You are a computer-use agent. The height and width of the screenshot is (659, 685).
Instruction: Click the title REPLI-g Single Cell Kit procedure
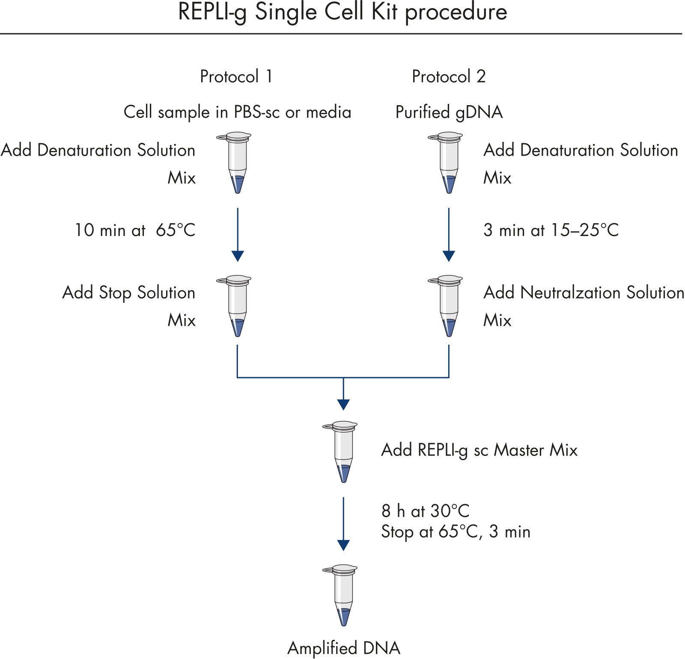[x=342, y=12]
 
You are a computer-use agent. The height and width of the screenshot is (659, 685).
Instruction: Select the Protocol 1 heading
[x=236, y=77]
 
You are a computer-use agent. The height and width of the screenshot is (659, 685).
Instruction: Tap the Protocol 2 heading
[x=448, y=77]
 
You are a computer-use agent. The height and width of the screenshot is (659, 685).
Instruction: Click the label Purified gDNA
[x=449, y=112]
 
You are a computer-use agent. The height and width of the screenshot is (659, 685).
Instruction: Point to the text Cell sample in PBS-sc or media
[x=237, y=112]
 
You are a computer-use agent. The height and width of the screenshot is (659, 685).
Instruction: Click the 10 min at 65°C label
[x=135, y=230]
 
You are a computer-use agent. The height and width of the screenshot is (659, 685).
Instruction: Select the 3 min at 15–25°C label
[x=551, y=230]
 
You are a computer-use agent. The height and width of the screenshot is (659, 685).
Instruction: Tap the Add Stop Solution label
[x=129, y=293]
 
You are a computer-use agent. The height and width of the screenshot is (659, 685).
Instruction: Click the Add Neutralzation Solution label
[x=584, y=293]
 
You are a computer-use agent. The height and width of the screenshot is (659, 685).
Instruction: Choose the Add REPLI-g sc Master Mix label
[x=479, y=450]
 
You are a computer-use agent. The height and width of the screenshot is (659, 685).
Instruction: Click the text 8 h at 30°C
[x=425, y=511]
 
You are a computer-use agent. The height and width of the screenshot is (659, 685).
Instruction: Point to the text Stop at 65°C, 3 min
[x=456, y=532]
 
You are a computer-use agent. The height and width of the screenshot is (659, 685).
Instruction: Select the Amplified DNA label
[x=344, y=648]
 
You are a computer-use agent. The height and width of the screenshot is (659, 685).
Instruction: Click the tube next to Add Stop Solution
[x=237, y=306]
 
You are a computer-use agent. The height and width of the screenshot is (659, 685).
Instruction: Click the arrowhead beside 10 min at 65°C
[x=238, y=256]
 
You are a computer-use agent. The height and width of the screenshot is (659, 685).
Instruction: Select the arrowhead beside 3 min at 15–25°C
[x=449, y=256]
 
